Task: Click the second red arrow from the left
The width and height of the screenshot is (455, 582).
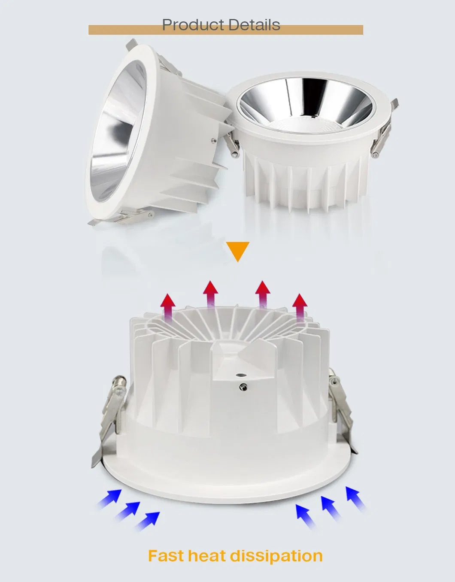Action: (210, 294)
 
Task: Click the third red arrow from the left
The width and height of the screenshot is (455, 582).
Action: (263, 294)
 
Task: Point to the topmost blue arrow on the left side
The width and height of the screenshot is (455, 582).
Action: (109, 499)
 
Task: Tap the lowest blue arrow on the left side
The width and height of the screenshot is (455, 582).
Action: (148, 521)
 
